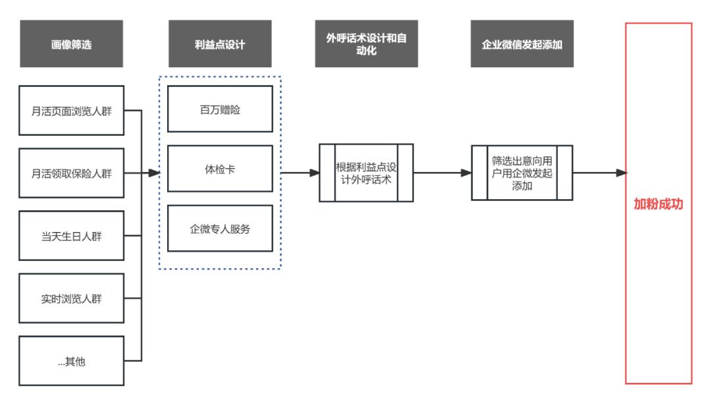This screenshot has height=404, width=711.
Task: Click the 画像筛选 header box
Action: [71, 44]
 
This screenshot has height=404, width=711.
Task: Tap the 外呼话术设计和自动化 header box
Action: [367, 44]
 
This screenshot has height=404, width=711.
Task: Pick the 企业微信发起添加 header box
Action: [522, 44]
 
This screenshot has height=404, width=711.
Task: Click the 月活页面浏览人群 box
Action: [71, 110]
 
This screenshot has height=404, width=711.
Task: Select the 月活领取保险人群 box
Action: [71, 173]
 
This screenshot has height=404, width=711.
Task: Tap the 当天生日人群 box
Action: [71, 235]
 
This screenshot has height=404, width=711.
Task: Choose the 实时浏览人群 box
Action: [71, 298]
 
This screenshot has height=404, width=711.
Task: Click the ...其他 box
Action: [71, 361]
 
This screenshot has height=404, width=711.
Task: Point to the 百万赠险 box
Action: [220, 109]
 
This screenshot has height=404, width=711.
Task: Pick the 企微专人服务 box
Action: [220, 229]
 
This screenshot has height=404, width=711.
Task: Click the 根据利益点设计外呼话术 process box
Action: [366, 172]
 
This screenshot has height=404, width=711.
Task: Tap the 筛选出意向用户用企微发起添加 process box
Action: [522, 172]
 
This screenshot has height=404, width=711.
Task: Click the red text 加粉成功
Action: [658, 204]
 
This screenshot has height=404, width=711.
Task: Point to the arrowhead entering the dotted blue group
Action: [155, 173]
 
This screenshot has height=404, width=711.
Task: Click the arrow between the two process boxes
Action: [442, 173]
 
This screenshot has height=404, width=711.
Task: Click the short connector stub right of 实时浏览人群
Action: [133, 298]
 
